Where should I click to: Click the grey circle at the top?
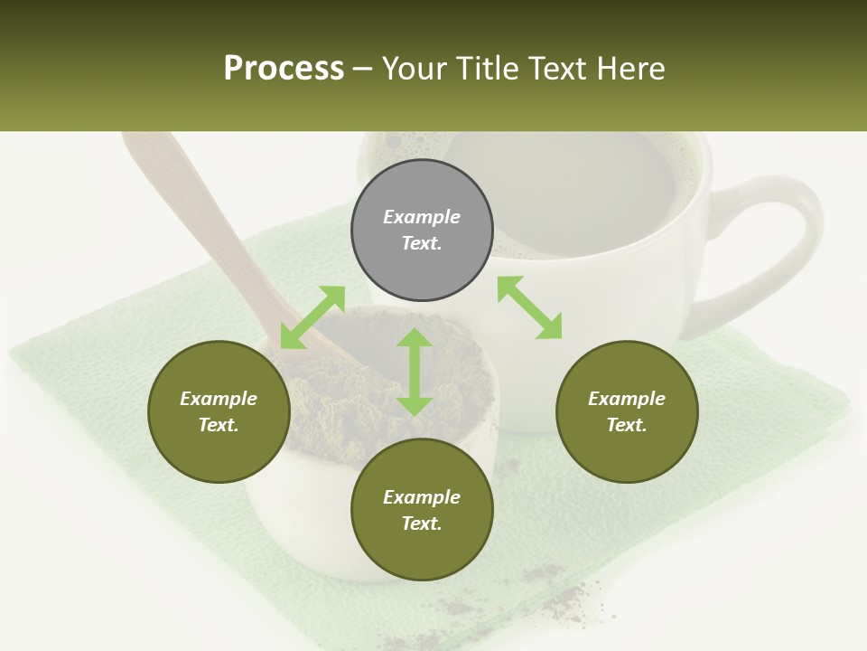pos(422,231)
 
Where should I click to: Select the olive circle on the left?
pos(219,411)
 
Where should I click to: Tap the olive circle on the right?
pos(627,411)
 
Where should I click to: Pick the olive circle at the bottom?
pos(422,510)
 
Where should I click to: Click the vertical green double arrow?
pos(415,372)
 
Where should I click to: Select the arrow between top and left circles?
pos(312,316)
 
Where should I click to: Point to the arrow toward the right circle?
pos(529,307)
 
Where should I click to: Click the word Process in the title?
pos(284,68)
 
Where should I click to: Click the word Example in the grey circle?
pos(422,217)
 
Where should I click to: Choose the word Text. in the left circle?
pos(219,425)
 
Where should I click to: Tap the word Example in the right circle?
pos(627,399)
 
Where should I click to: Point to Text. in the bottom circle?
pos(422,524)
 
